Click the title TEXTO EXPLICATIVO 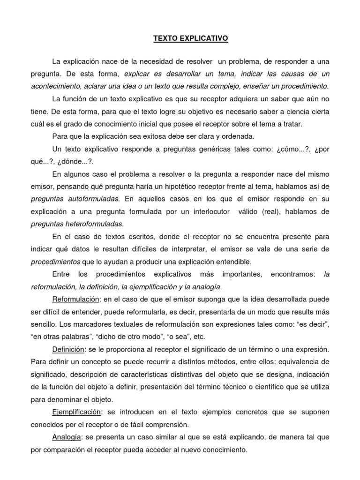pyautogui.click(x=190, y=39)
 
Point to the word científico pyautogui.click(x=262, y=388)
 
